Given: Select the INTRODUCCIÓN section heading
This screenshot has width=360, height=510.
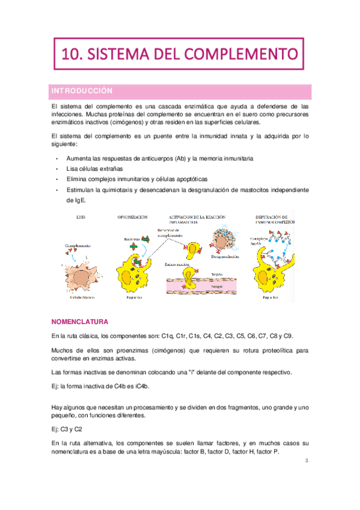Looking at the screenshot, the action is pos(81,90).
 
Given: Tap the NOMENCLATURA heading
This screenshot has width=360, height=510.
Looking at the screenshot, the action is pos(81,322).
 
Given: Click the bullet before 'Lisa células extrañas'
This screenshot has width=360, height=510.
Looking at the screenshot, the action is pos(56,169).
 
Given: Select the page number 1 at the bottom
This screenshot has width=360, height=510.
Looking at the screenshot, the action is pos(307,462).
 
